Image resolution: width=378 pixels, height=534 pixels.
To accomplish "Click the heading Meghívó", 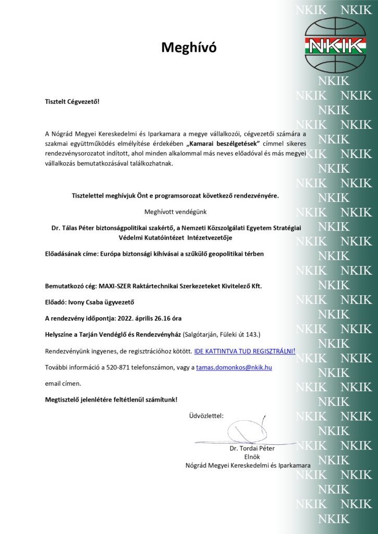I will point(188,48).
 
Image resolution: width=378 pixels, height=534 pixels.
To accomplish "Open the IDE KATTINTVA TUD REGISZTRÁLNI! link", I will point(245,351).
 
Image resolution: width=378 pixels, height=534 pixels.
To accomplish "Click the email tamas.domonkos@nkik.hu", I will point(234,367).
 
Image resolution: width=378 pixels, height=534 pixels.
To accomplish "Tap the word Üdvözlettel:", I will point(206,416).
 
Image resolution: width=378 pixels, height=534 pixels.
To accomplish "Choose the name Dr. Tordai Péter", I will point(252,448).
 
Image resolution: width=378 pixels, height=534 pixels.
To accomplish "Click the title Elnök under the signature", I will point(252,456).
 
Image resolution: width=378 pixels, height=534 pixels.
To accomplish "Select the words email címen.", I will point(63,383).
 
